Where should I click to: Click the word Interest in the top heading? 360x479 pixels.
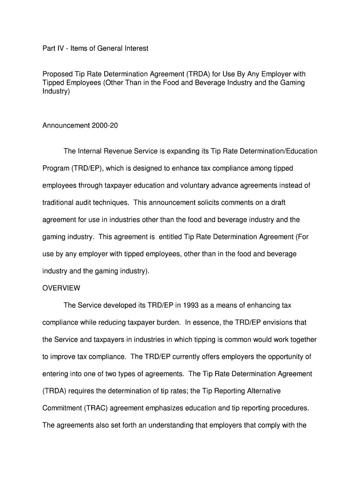click(x=134, y=48)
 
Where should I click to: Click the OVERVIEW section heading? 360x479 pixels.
click(x=61, y=288)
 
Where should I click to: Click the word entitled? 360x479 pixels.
click(x=172, y=237)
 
